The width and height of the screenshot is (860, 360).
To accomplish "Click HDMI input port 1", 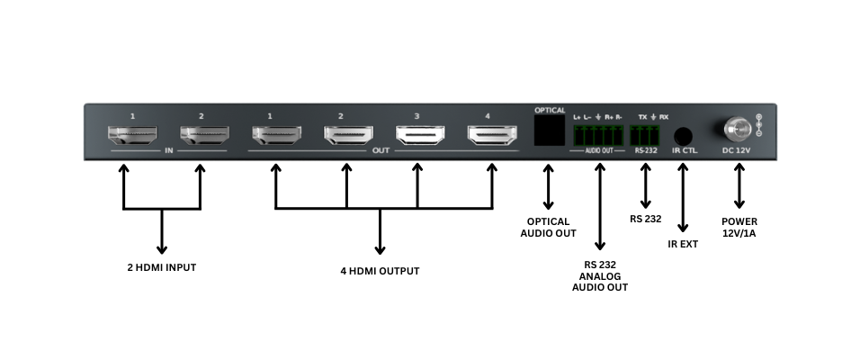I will pyautogui.click(x=131, y=136).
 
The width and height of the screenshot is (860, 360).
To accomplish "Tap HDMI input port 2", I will pyautogui.click(x=202, y=136).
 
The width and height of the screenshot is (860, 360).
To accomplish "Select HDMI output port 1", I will pyautogui.click(x=275, y=136).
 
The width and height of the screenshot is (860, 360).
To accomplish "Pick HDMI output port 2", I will pyautogui.click(x=347, y=136).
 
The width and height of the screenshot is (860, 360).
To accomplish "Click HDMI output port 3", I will pyautogui.click(x=418, y=136).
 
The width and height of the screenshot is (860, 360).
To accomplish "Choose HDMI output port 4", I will pyautogui.click(x=490, y=136).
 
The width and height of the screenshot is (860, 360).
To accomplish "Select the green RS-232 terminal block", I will pyautogui.click(x=645, y=136).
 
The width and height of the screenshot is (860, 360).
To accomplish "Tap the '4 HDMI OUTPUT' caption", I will pyautogui.click(x=380, y=270).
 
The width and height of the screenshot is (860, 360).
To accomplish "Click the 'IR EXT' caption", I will pyautogui.click(x=683, y=244).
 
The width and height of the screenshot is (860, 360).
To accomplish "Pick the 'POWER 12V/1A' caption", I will pyautogui.click(x=739, y=227).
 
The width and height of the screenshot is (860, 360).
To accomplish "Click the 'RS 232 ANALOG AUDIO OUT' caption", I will pyautogui.click(x=600, y=275).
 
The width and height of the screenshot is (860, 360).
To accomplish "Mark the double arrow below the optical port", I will pyautogui.click(x=547, y=188).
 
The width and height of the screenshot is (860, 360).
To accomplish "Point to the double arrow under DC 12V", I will pyautogui.click(x=739, y=188).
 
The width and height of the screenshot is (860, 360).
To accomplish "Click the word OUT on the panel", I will pyautogui.click(x=381, y=151).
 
